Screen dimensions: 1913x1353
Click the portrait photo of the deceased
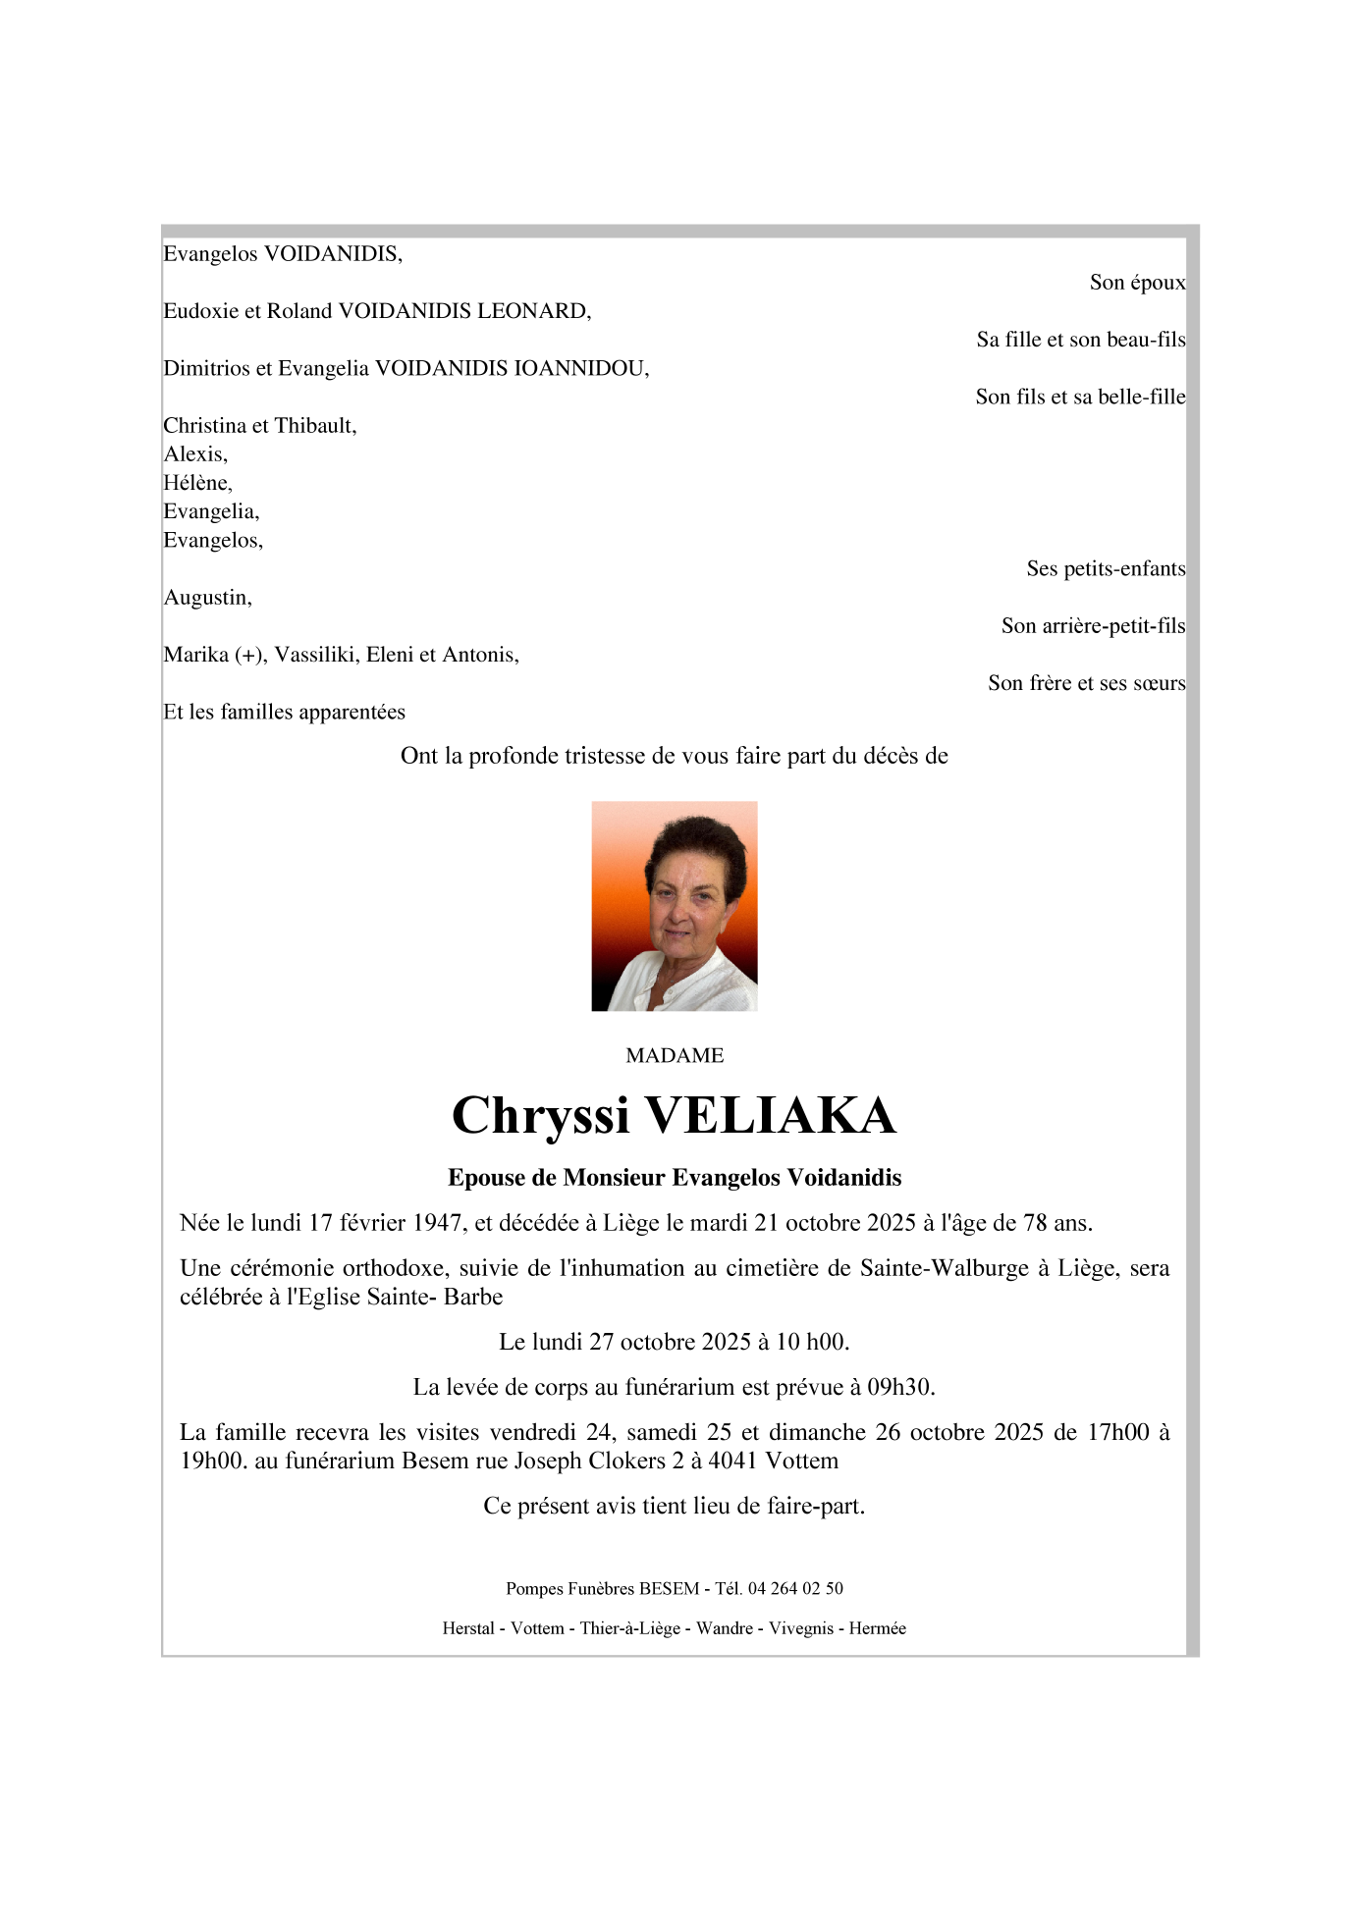(674, 905)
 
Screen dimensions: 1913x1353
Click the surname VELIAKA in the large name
(770, 1116)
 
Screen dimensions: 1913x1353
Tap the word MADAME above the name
(675, 1055)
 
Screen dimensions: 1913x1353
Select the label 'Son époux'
(1137, 283)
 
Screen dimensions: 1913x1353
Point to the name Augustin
(206, 598)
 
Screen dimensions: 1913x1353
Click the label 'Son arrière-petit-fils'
(1093, 626)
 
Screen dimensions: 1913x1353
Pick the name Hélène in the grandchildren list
(196, 483)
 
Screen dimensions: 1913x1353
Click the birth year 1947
(437, 1223)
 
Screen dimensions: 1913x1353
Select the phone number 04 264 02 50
(795, 1588)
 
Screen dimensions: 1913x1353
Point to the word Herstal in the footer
(468, 1628)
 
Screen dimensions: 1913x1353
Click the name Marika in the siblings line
(196, 655)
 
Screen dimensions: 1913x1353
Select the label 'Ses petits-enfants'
(1106, 569)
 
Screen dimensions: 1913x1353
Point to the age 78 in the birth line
(1035, 1223)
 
